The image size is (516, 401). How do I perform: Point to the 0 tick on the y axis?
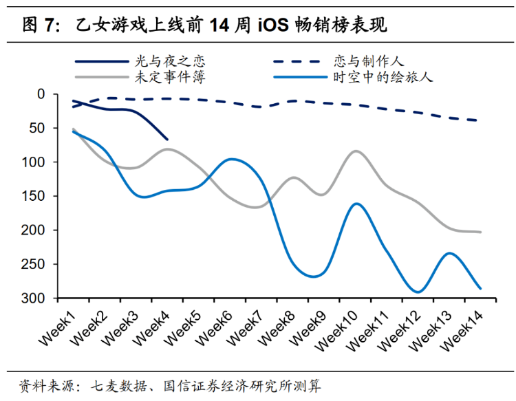(x=41, y=94)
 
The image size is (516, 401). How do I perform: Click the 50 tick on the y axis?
(x=38, y=128)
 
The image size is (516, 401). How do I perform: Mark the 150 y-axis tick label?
(x=34, y=196)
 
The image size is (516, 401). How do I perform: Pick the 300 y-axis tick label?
(x=34, y=299)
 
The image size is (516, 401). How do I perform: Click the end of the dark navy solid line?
(x=167, y=139)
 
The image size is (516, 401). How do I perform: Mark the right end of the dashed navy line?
(x=480, y=120)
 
